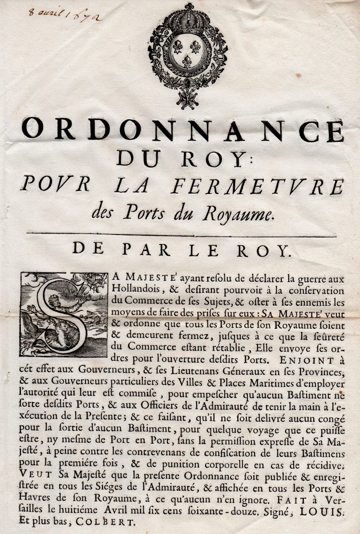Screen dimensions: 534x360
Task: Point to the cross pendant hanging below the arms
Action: point(187,98)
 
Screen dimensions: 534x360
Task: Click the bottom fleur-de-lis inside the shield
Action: point(187,61)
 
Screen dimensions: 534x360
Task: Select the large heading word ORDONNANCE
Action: point(182,129)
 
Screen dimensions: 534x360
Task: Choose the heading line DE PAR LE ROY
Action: point(182,251)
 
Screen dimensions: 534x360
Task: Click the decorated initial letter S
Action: point(64,314)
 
